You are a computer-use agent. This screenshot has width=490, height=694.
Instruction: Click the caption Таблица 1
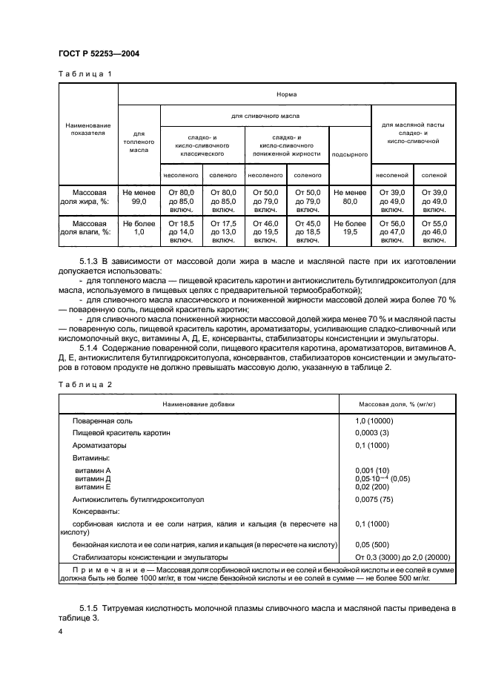(85, 74)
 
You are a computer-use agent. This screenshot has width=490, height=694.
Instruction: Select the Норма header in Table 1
(285, 95)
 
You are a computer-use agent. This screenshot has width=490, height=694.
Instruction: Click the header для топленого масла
(139, 140)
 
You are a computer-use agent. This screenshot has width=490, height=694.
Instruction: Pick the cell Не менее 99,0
(139, 196)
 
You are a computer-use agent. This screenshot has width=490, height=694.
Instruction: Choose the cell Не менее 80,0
(349, 196)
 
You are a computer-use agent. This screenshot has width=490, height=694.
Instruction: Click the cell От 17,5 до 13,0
(223, 231)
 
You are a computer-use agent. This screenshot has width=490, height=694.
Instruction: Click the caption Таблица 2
(85, 384)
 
